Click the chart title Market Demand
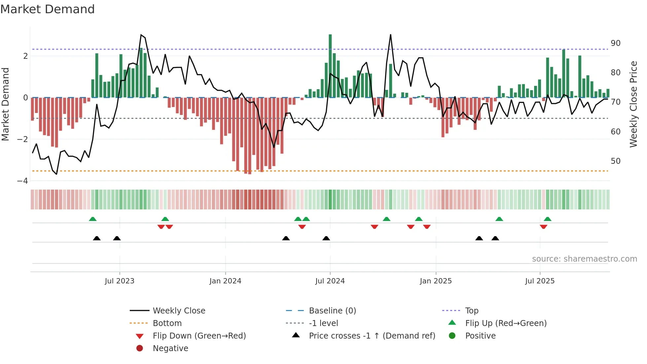point(48,9)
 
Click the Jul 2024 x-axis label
point(330,281)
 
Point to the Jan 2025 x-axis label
point(436,281)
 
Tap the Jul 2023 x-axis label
point(119,281)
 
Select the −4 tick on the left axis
point(22,181)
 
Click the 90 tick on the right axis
point(616,43)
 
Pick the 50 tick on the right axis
point(616,161)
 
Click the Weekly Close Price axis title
point(633,104)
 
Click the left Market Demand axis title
point(5,104)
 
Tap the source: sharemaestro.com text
point(584,259)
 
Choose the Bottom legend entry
point(167,323)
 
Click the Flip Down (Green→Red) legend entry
point(199,336)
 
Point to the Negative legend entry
point(170,348)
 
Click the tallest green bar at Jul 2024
point(330,66)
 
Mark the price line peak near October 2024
point(391,35)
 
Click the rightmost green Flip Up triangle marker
point(548,219)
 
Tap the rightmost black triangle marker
point(495,238)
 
